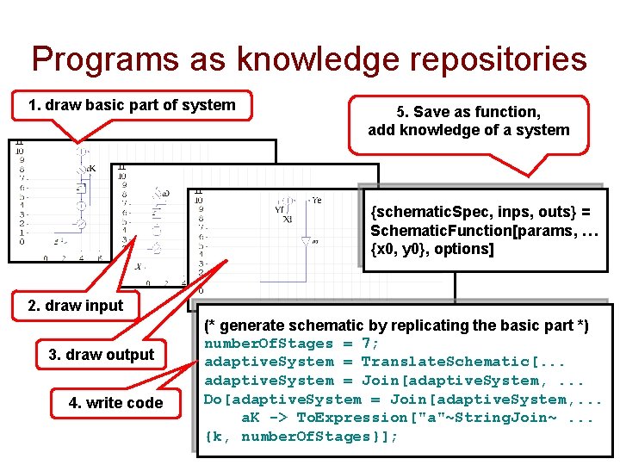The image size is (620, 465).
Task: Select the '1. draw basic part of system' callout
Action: (132, 106)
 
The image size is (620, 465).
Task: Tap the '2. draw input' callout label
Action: (76, 306)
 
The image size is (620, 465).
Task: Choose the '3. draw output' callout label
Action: (102, 355)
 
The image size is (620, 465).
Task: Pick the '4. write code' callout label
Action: (116, 403)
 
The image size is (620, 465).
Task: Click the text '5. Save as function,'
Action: (468, 112)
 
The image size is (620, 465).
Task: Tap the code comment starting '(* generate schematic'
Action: (396, 325)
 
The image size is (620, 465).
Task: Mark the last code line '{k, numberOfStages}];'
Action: (301, 437)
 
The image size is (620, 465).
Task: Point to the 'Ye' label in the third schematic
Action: (316, 200)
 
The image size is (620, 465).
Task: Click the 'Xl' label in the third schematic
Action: (287, 220)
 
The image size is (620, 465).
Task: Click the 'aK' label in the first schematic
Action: (90, 168)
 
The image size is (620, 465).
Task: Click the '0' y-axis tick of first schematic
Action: (21, 242)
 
